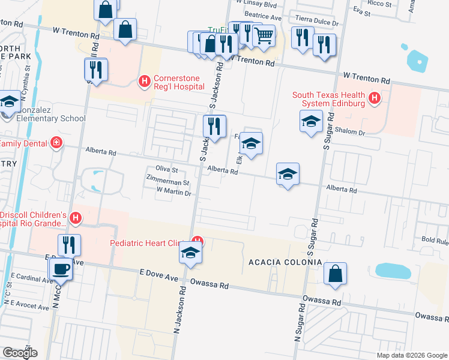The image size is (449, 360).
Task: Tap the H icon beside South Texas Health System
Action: click(375, 97)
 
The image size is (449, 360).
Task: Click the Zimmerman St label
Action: click(168, 182)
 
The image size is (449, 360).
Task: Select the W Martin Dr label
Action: click(173, 193)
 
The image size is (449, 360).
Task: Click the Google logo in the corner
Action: click(20, 353)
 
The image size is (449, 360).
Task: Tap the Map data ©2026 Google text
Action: click(411, 355)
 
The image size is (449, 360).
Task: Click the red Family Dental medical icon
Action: click(56, 143)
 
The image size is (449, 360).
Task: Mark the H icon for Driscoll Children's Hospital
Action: click(76, 218)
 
